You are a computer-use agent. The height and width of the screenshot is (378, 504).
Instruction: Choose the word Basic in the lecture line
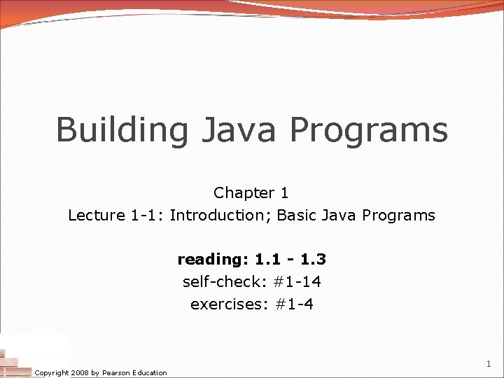click(x=297, y=216)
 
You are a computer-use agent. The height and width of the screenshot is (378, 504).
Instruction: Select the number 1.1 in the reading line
click(x=266, y=260)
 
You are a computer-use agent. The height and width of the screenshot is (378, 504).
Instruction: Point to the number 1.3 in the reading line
click(x=312, y=260)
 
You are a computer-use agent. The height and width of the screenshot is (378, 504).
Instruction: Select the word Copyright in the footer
click(x=52, y=373)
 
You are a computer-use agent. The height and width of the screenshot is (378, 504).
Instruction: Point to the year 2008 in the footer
click(x=80, y=373)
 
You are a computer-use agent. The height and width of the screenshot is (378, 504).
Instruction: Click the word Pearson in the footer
click(x=117, y=373)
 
